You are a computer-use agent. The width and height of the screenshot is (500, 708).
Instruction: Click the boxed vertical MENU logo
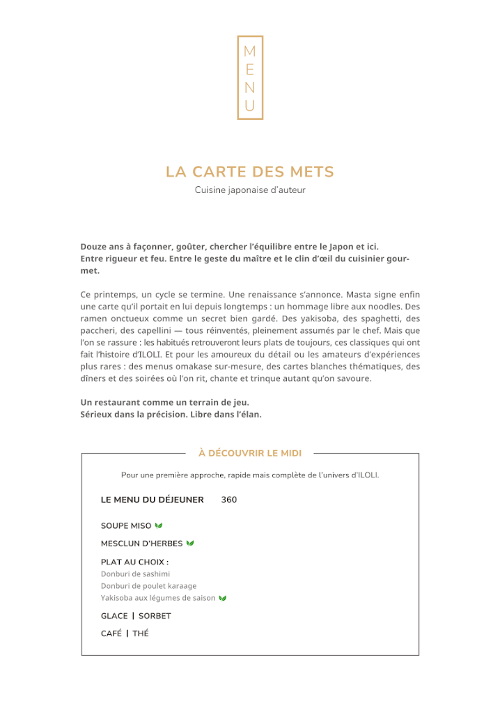coord(250,77)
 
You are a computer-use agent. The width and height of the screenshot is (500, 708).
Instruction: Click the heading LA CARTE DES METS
coord(250,171)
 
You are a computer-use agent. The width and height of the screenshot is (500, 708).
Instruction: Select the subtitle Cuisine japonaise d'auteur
coord(250,190)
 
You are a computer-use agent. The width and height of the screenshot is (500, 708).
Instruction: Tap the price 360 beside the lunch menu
coord(229,500)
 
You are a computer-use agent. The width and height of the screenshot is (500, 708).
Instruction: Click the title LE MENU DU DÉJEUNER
coord(153,500)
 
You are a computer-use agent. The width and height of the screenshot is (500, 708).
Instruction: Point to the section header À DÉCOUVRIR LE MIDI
coord(250,453)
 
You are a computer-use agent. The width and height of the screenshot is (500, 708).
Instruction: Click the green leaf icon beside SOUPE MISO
coord(159,525)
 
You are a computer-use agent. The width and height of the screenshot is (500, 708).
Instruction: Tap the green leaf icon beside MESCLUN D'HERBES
coord(190,543)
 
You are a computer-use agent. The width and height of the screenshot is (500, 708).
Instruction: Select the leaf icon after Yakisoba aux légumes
coord(223,598)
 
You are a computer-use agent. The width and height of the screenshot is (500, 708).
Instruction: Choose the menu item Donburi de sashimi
coord(135,574)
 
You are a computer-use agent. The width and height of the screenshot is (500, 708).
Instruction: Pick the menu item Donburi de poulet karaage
coord(148,586)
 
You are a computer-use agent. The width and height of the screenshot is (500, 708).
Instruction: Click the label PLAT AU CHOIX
coord(134,562)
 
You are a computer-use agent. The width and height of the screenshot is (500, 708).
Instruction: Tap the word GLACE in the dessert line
coord(114,616)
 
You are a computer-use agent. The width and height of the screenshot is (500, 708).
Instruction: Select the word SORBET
coord(155,616)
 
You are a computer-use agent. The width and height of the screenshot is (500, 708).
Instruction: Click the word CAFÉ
coord(111,633)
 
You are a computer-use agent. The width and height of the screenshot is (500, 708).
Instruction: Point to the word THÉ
coord(141,633)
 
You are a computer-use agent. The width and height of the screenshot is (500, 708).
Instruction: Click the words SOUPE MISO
coord(126,525)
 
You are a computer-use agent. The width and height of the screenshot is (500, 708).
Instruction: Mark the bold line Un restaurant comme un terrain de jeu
coord(165,402)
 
